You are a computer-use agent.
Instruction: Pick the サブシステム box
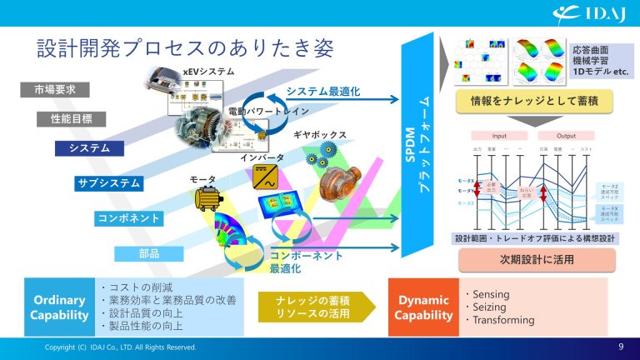[108, 183]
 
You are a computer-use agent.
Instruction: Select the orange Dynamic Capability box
[423, 307]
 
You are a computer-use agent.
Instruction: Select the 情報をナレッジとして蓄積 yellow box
[535, 102]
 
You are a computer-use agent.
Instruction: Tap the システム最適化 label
[322, 91]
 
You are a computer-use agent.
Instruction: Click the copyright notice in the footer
[121, 347]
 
